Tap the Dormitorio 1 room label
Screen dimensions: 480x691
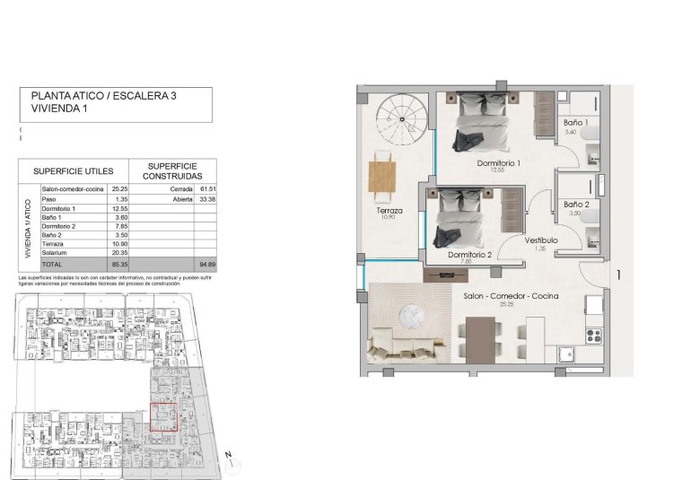coord(499,163)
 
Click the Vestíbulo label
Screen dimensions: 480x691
coord(542,240)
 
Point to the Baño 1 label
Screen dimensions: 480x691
coord(576,122)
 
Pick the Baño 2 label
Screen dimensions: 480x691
coord(576,205)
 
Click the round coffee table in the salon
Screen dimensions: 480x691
coord(412,314)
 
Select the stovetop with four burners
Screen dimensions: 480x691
coord(593,336)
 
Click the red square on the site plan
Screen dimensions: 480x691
coord(162,417)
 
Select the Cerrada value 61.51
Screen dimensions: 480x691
coord(208,189)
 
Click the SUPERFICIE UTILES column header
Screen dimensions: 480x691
coord(71,170)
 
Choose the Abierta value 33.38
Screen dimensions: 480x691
coord(208,200)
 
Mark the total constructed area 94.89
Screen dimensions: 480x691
coord(208,266)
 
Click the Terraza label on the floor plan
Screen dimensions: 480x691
coord(389,212)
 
